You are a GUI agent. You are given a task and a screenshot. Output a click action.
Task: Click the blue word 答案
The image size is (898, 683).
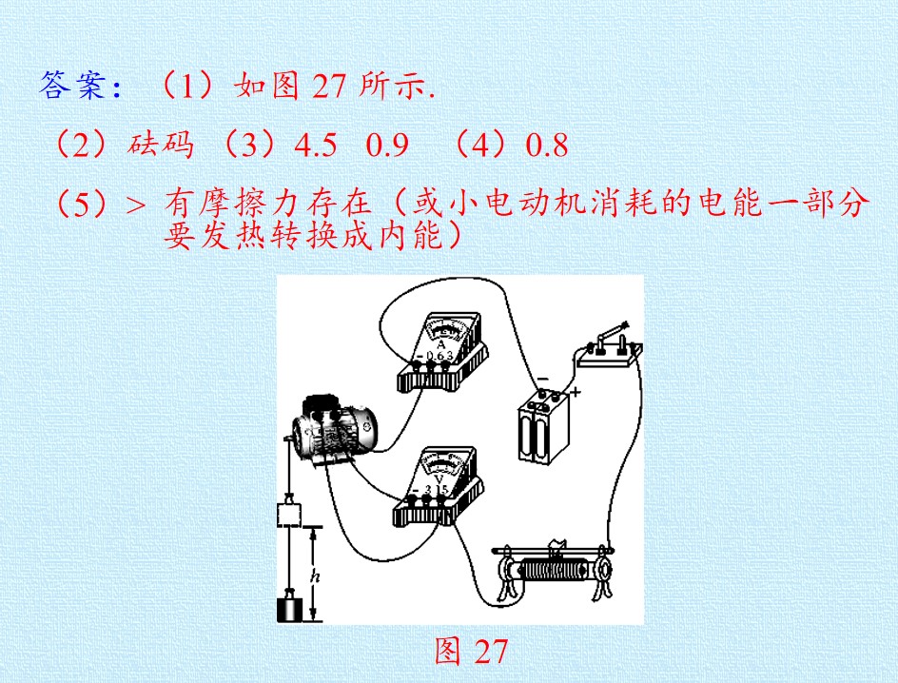coord(72,86)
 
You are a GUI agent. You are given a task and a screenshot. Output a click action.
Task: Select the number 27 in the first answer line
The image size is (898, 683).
coord(329,87)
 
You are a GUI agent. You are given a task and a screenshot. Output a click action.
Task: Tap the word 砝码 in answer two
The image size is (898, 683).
coord(161,144)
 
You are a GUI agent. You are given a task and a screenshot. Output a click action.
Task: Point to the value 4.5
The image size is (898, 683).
coord(316,145)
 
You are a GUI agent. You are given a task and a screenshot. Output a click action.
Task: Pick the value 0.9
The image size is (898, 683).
coord(387,145)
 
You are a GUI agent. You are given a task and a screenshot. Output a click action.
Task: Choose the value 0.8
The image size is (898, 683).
coord(546,145)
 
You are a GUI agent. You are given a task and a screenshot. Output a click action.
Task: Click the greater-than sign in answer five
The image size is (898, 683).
coord(135,205)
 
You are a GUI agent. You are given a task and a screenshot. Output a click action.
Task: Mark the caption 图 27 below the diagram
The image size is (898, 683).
coord(471,651)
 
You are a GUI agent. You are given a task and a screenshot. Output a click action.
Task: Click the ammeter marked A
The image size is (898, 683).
coord(442,353)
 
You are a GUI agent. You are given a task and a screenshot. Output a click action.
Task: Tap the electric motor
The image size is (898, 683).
coord(333,426)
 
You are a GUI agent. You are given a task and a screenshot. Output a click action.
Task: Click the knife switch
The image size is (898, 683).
coord(608,347)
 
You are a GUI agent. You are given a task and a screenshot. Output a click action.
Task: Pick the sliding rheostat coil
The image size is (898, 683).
coord(554,571)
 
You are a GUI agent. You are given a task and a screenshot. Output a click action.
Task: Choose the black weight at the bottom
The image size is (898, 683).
coord(290,608)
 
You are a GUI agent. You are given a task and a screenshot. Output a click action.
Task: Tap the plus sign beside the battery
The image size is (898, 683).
coord(575,392)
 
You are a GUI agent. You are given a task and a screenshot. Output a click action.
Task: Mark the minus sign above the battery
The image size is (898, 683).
coord(542,379)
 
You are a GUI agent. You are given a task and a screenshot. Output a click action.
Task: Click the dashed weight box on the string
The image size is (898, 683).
coord(289,514)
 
